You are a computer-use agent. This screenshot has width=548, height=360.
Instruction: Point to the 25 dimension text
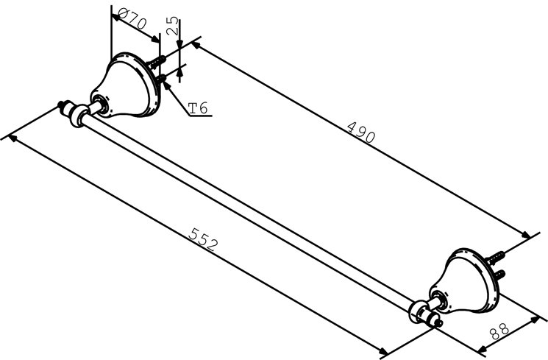(171, 28)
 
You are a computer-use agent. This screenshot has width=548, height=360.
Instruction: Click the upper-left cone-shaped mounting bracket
(129, 86)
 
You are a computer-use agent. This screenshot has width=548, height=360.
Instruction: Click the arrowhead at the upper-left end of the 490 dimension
(196, 46)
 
